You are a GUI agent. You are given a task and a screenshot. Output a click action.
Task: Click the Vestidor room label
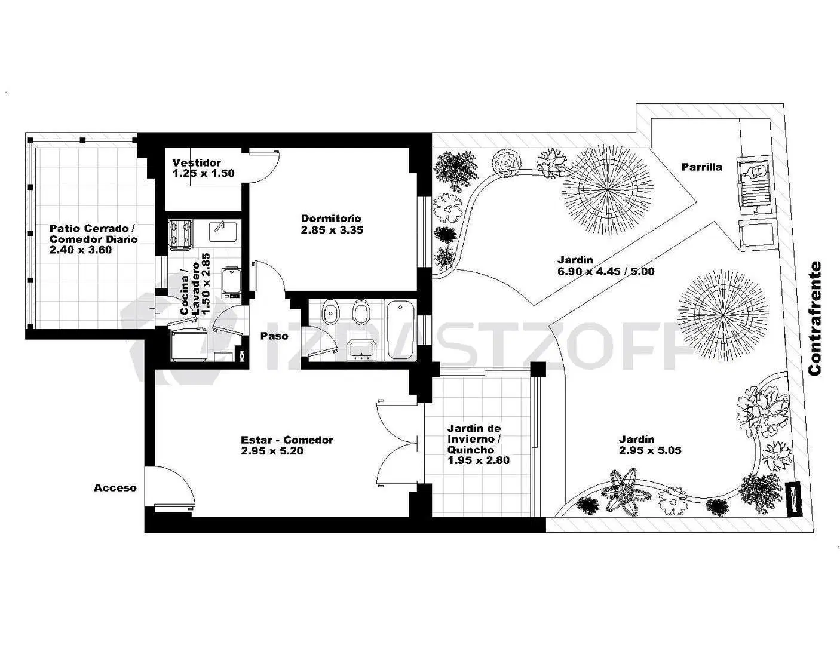197,162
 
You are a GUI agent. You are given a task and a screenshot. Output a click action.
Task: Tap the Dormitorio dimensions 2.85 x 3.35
332,230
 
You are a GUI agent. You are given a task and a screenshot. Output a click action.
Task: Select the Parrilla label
701,167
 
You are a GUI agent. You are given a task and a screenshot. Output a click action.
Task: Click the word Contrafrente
815,318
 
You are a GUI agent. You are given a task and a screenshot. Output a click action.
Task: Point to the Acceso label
115,488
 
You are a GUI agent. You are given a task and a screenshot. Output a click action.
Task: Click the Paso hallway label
274,336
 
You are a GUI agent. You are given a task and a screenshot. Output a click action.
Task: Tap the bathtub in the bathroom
400,330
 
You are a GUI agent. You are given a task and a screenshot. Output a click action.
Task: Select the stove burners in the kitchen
180,235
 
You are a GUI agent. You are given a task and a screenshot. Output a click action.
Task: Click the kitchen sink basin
223,231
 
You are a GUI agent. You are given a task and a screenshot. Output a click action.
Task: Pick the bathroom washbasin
361,350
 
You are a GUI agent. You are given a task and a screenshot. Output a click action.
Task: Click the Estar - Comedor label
287,440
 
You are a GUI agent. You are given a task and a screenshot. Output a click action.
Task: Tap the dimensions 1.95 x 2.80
479,460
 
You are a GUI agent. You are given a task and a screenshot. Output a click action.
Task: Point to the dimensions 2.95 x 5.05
650,450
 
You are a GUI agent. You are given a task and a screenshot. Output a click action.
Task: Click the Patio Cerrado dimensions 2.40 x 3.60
81,250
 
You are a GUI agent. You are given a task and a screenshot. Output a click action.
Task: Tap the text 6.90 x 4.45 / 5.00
606,271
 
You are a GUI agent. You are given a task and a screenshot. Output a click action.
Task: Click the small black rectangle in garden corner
795,499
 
